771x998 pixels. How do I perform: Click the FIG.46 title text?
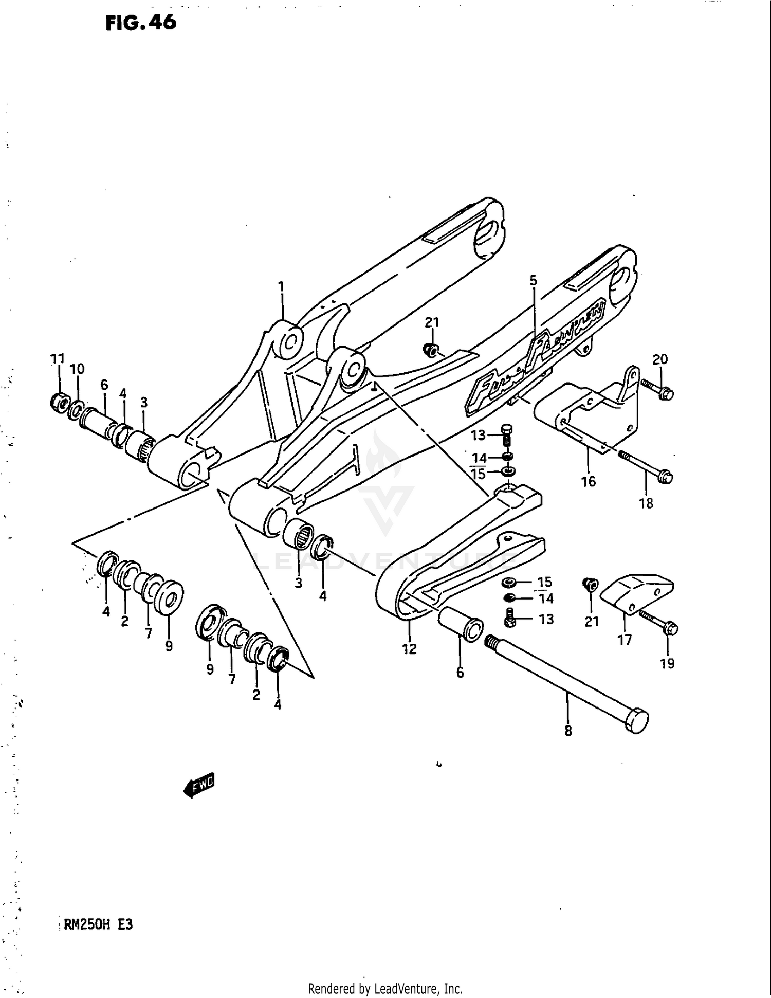pos(141,23)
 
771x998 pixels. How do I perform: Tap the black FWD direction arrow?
pos(199,785)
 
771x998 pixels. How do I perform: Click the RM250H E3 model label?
pos(97,924)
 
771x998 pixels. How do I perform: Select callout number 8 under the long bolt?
pos(568,731)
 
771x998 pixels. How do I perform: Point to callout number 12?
pos(409,649)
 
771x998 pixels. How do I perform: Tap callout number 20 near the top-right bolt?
pos(660,359)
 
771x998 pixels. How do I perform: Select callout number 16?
pos(589,481)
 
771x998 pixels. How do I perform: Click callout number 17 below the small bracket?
pos(625,640)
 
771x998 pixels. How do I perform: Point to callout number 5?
pos(533,280)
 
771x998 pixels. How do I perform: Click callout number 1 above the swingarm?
pos(281,286)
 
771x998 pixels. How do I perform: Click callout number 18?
pos(646,503)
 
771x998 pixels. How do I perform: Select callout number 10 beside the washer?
pos(77,369)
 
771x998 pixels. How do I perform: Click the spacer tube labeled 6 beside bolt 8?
pos(460,623)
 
